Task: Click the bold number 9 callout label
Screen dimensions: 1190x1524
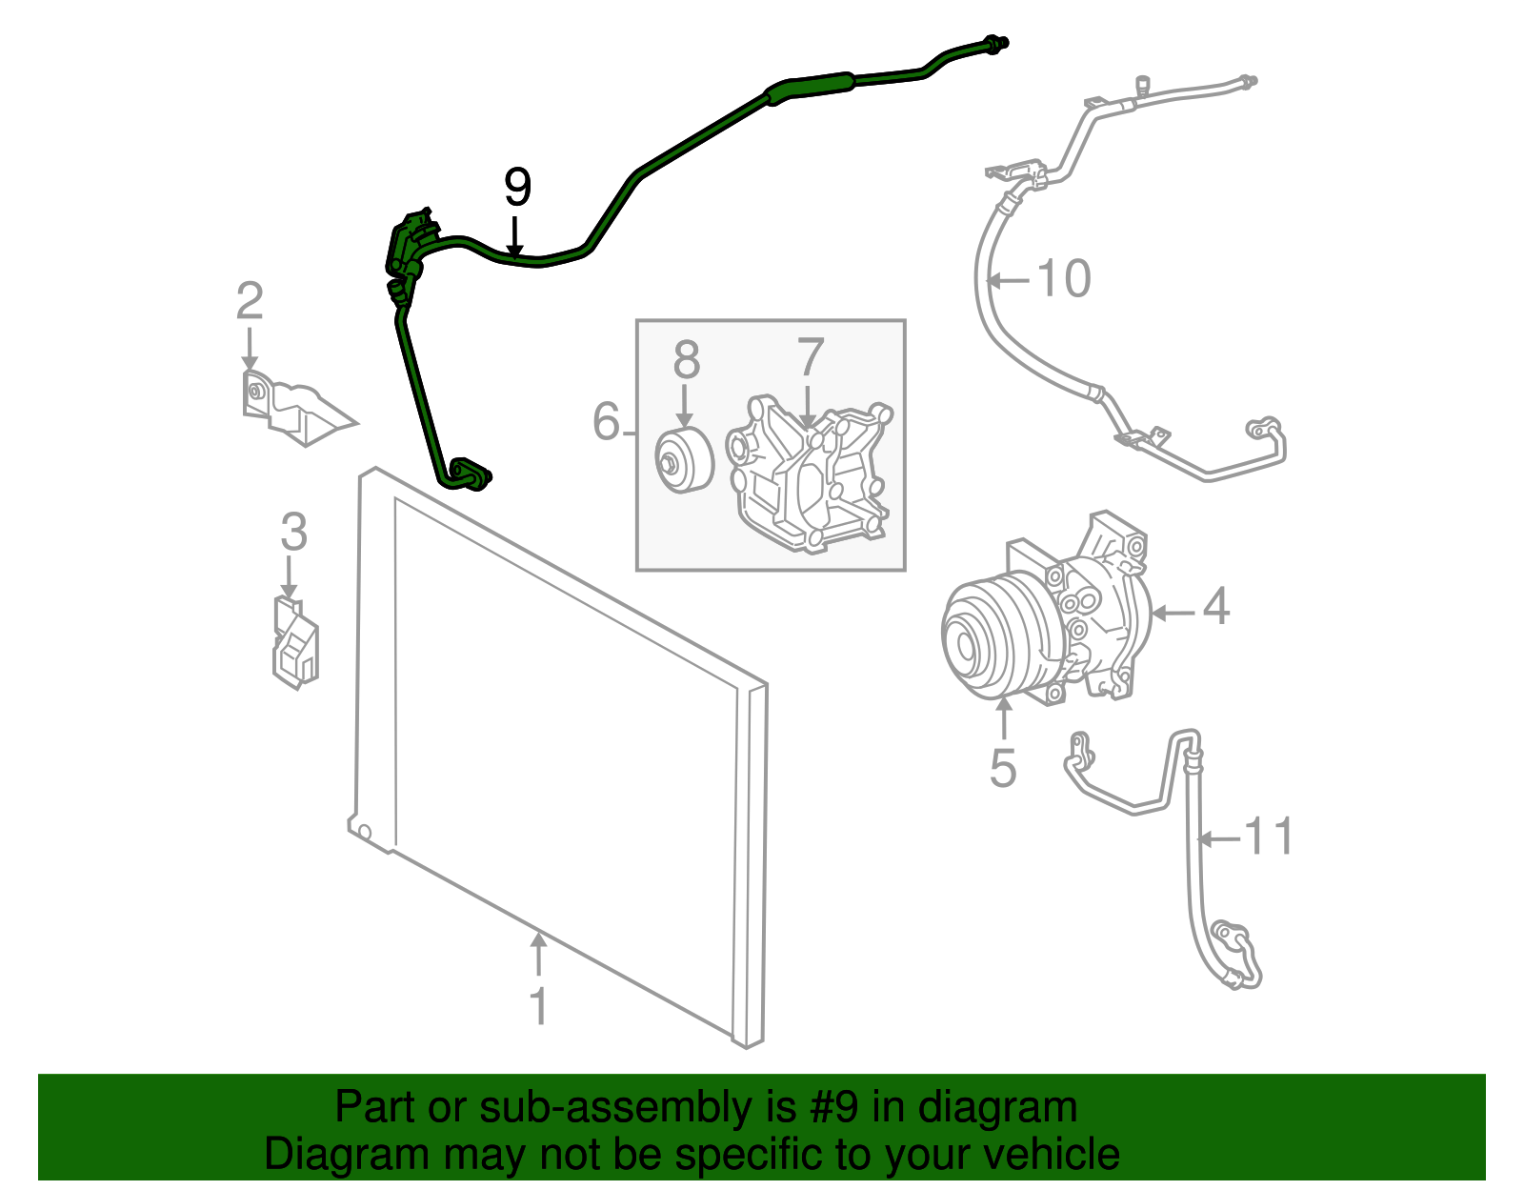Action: [516, 188]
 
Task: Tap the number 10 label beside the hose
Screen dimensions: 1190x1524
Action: [1063, 279]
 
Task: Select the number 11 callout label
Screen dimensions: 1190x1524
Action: [1270, 837]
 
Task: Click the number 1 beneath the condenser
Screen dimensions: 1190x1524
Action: [539, 1006]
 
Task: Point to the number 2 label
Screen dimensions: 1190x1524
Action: [250, 302]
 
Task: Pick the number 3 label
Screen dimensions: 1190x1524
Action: [293, 532]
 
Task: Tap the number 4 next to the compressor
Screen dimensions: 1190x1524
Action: [1215, 607]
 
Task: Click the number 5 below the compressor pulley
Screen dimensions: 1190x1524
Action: [1003, 768]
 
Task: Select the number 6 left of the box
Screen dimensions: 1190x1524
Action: [606, 421]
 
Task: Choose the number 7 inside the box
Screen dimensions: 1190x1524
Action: [810, 358]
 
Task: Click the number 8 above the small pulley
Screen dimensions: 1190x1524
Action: [686, 361]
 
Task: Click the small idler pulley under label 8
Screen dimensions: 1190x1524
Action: [683, 461]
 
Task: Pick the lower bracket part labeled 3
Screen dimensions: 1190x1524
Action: [295, 643]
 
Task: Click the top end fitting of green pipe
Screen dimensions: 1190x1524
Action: [997, 43]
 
